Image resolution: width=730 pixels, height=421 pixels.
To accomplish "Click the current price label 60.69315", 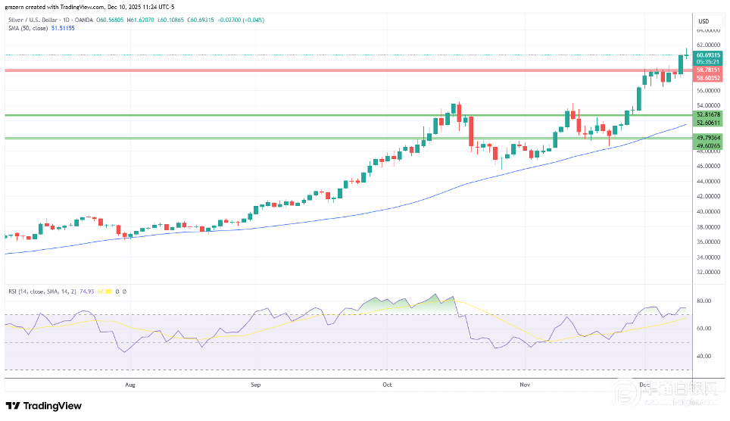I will pos(708,55).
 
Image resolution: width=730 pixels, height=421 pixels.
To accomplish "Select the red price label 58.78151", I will pos(708,70).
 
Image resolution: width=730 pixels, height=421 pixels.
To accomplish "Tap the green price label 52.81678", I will pos(708,114).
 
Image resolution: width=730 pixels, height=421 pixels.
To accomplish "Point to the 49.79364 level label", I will pos(708,137).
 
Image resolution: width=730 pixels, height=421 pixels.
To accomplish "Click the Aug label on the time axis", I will pos(129,385).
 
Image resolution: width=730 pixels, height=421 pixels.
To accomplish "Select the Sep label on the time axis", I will pos(255,385).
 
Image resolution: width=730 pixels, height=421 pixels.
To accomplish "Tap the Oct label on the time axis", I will pos(388,385).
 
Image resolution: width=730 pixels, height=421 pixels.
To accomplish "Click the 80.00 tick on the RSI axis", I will pos(703,301).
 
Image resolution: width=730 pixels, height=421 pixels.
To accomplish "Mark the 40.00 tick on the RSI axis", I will pos(703,356).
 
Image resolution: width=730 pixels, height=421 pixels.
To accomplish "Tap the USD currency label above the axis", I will pos(703,20).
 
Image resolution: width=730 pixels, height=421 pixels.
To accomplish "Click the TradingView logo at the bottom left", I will pos(44,406).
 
